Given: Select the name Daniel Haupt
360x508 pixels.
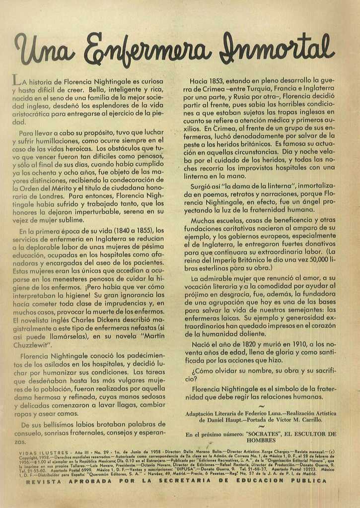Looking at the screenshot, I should (216, 420).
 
